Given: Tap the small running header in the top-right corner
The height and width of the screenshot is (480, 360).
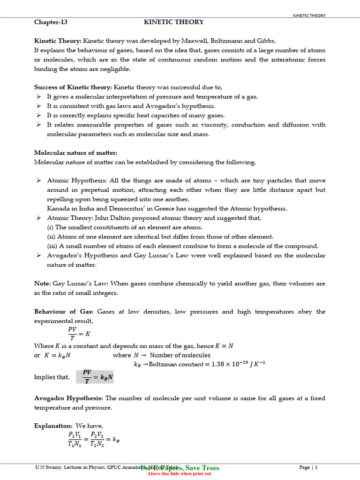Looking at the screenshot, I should pos(309,15).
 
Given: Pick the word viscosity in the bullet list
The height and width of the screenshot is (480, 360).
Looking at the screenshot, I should pos(215,125).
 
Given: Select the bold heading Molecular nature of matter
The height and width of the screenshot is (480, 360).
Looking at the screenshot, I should pos(75,153).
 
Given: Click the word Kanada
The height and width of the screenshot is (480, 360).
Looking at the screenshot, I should pos(58,209).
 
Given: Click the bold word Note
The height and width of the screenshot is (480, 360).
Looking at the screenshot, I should pos(42,284).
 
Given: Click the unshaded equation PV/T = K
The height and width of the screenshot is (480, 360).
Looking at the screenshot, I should pos(78,334).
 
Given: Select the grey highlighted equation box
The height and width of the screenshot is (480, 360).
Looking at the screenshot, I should pos(95,376).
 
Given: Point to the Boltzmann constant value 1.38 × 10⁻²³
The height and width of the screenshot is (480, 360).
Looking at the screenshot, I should pos(224,364).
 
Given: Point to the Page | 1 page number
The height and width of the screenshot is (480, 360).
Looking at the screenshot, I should pos(308,467).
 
